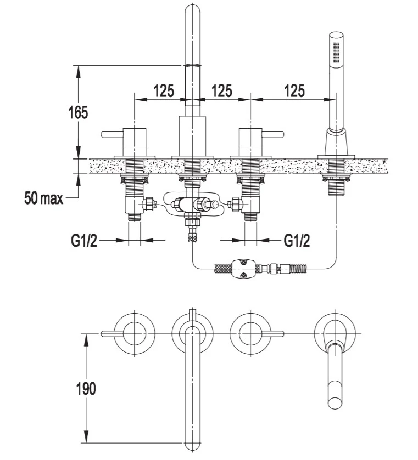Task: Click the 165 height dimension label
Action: (x=78, y=112)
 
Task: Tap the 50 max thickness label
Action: (x=43, y=198)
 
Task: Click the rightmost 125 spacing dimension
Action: (x=294, y=90)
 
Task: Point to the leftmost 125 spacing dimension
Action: (x=164, y=90)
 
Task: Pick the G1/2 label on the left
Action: (x=84, y=241)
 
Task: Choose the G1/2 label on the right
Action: (x=297, y=241)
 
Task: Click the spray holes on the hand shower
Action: (x=337, y=52)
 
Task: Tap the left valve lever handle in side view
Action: (x=112, y=134)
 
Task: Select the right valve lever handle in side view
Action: (x=272, y=134)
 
